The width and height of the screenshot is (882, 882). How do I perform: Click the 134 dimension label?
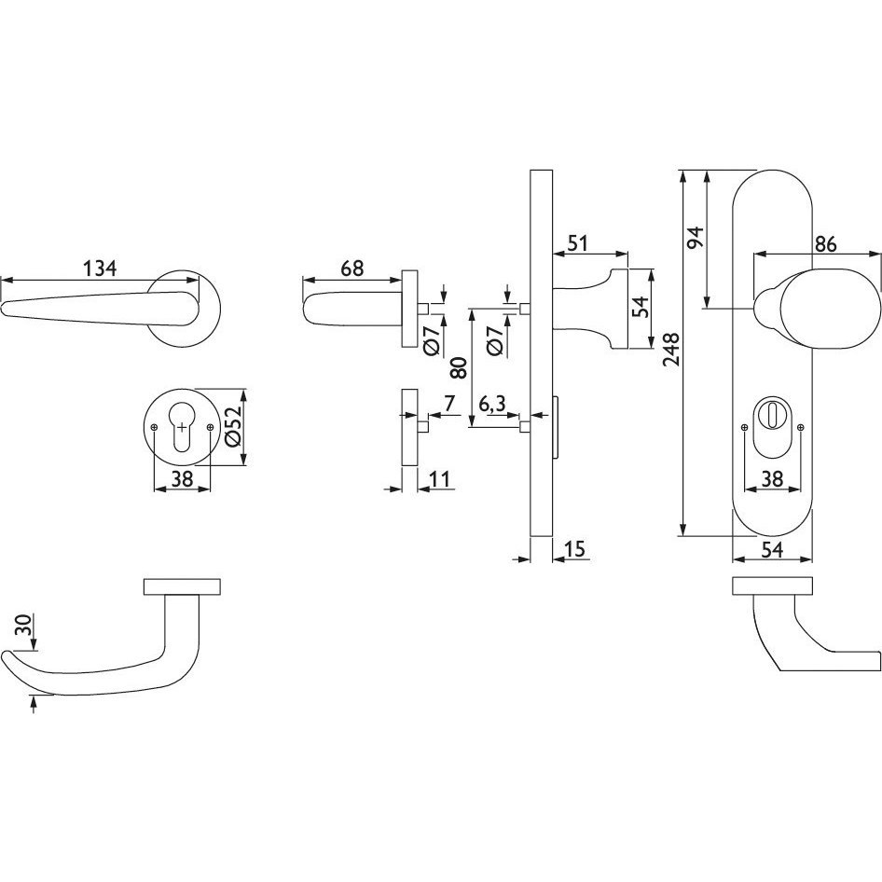point(100,268)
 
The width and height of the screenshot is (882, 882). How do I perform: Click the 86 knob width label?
point(825,243)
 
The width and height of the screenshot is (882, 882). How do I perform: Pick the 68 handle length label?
point(352,268)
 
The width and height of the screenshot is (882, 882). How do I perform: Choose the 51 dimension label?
point(578,243)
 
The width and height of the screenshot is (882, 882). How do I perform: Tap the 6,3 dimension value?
point(493,404)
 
